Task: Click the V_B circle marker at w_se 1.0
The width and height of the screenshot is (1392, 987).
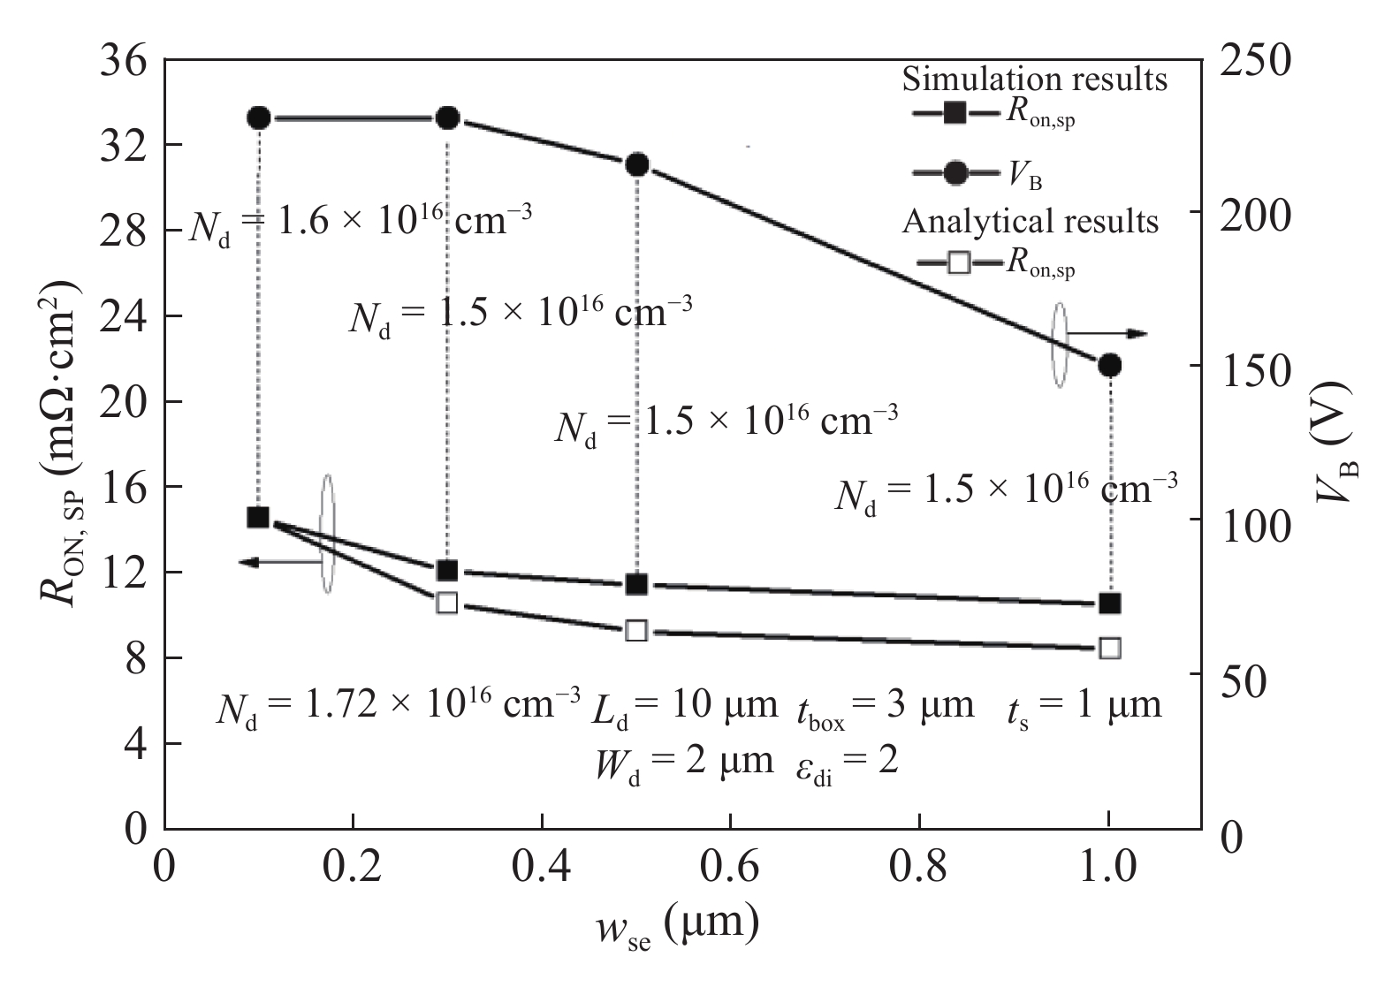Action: pyautogui.click(x=1110, y=365)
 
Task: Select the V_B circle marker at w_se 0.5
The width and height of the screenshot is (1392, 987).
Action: pyautogui.click(x=637, y=164)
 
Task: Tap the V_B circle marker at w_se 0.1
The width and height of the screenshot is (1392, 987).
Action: pyautogui.click(x=258, y=118)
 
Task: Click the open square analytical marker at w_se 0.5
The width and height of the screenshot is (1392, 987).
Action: pyautogui.click(x=636, y=630)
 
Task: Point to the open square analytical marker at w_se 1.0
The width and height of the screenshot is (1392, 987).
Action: pyautogui.click(x=1110, y=648)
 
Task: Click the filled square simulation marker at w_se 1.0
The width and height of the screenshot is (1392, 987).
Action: pyautogui.click(x=1110, y=604)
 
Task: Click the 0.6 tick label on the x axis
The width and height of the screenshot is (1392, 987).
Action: pyautogui.click(x=730, y=869)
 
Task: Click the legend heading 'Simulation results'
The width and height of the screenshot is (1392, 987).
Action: pyautogui.click(x=1034, y=79)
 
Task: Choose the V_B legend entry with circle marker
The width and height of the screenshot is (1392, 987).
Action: pyautogui.click(x=955, y=173)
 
